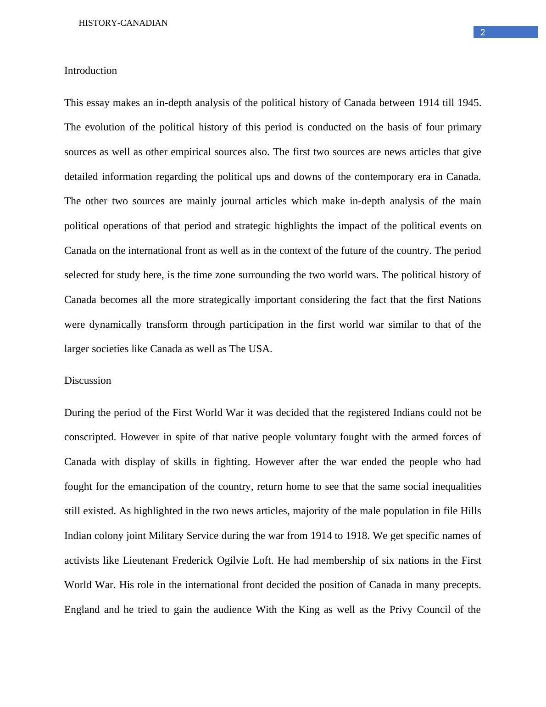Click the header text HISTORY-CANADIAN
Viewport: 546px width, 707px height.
coord(123,23)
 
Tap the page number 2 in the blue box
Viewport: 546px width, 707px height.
coord(483,33)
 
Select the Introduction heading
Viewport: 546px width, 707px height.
coord(90,71)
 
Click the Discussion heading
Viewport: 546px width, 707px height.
coord(88,381)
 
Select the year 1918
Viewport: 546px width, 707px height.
coord(356,536)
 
